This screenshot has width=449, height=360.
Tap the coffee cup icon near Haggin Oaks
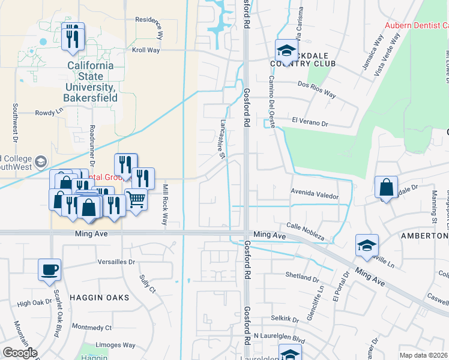pos(49,269)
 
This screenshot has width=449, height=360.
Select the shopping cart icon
pos(136,199)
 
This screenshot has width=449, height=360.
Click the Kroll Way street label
pos(146,50)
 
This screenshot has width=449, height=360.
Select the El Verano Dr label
pos(311,121)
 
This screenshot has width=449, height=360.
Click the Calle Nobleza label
pos(306,231)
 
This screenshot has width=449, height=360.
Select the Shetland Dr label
pos(303,278)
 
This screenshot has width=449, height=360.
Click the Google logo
pos(20,353)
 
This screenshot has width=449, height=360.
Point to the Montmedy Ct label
pos(88,328)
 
